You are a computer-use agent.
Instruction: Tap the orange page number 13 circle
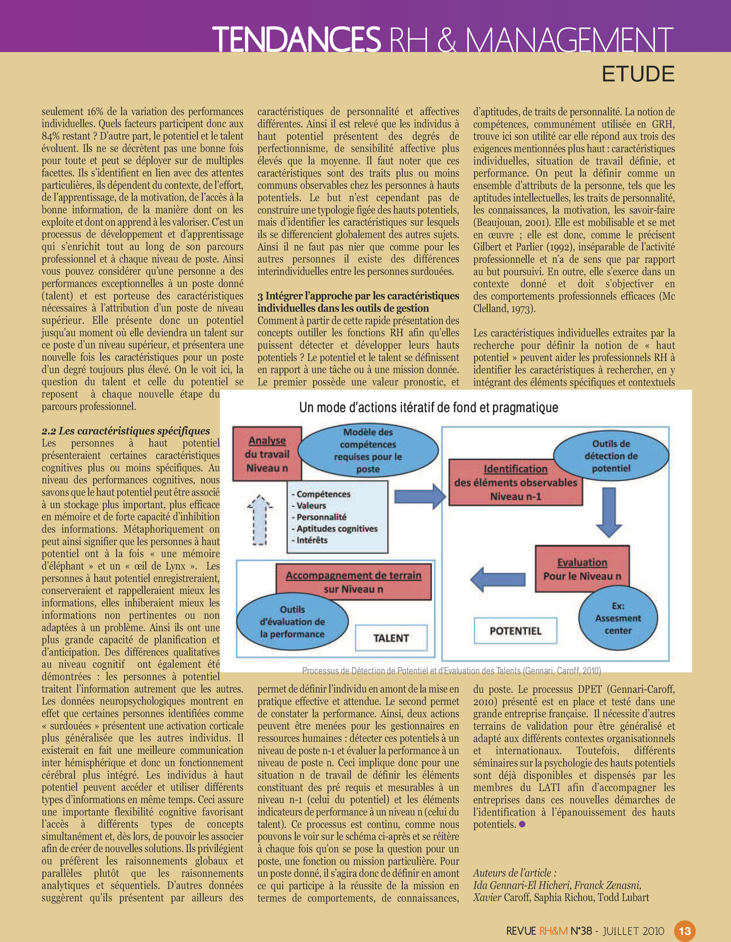[685, 930]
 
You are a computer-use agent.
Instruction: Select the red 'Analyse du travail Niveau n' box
[267, 454]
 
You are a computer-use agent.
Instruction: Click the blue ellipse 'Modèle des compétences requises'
[368, 450]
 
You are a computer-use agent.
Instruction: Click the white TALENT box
[391, 638]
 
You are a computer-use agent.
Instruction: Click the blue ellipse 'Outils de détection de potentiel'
[611, 456]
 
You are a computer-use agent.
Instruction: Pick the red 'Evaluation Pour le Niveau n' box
[582, 569]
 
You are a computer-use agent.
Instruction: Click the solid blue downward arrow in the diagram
[609, 512]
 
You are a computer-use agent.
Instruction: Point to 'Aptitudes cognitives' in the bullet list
[337, 529]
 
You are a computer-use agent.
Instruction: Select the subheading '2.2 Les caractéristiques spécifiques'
[126, 431]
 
